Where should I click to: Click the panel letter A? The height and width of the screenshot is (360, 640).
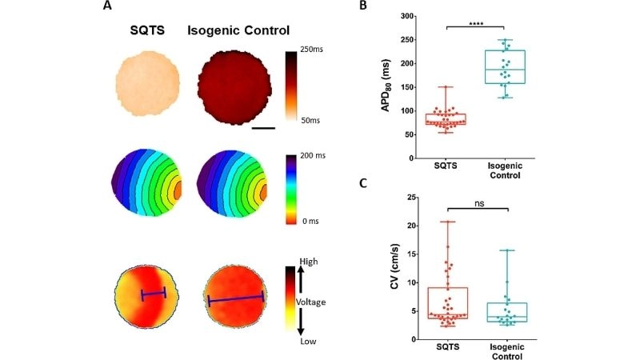coord(107,7)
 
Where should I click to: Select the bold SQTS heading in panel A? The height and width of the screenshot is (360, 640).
coord(147,31)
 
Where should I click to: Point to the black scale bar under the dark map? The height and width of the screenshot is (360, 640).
coord(263,126)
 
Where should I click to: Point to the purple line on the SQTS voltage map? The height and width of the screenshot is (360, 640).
coord(153,294)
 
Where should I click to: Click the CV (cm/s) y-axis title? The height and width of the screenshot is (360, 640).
coord(390,268)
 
